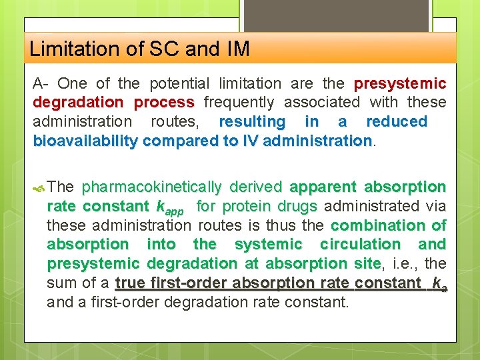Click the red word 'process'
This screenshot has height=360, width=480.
(163, 102)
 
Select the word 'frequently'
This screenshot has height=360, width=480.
(239, 102)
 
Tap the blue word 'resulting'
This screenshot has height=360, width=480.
(252, 121)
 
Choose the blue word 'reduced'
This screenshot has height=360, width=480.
(397, 121)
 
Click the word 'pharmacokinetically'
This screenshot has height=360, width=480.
(151, 187)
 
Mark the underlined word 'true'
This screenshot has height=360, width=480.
(131, 283)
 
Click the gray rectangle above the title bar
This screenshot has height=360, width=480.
(336, 15)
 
